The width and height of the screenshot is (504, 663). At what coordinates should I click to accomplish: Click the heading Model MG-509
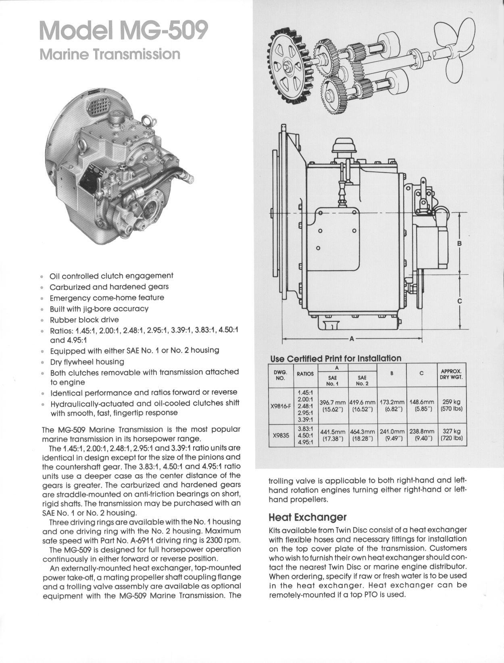tap(124, 31)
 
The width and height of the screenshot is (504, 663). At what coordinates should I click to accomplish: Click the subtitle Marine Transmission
tap(110, 54)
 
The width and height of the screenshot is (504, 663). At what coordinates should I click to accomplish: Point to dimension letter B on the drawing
tap(459, 243)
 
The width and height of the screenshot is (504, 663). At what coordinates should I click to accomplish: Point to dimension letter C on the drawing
tap(459, 301)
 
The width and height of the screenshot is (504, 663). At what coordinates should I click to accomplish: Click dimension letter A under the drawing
tap(352, 339)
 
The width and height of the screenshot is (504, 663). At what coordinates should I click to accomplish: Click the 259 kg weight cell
tap(452, 405)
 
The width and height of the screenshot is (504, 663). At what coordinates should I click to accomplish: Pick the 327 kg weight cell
tap(452, 434)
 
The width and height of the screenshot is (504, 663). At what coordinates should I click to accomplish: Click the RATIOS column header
tap(305, 374)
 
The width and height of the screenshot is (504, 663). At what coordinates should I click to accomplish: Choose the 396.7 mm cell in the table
tap(333, 406)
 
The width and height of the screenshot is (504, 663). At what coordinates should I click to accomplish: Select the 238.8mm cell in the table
tap(422, 434)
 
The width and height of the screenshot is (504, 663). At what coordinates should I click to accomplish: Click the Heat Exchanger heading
tap(308, 517)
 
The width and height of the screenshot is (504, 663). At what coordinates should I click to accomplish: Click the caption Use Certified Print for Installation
tap(335, 358)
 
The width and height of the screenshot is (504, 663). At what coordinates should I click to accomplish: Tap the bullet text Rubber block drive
tap(84, 320)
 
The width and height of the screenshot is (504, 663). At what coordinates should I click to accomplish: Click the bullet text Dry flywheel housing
tap(87, 362)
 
